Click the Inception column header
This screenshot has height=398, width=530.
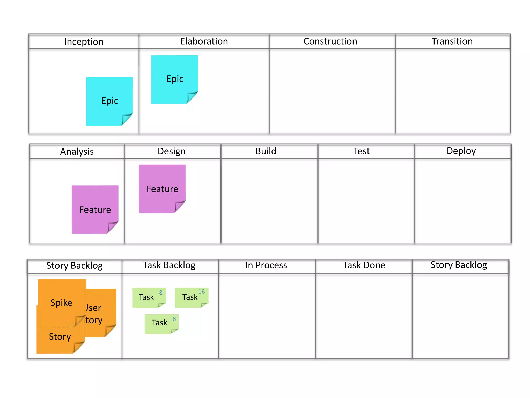coord(84,42)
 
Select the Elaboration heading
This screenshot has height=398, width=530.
coord(204,41)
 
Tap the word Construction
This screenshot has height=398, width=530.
coord(330,41)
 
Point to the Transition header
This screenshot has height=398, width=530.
coord(452,41)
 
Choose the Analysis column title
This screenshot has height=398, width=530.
coord(77,152)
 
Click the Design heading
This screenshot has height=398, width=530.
coord(172,151)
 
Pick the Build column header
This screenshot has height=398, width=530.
coord(266,151)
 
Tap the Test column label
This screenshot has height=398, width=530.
coord(362,151)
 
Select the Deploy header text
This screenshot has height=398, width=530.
coord(461,151)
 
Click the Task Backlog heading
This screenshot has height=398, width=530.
coord(169,265)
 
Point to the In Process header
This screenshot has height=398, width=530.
coord(266,265)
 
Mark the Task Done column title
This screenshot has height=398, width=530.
coord(364,265)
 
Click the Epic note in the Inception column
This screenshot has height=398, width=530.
coord(109,101)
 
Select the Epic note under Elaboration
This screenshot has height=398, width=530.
coord(175,79)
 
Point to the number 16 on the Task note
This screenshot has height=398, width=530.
coord(201,292)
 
